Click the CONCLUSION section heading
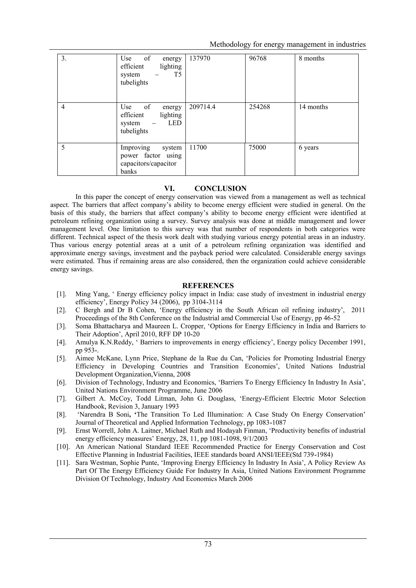click(x=220, y=188)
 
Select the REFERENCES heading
click(x=208, y=286)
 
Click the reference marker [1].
click(x=62, y=294)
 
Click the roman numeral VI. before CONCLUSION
click(x=169, y=188)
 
